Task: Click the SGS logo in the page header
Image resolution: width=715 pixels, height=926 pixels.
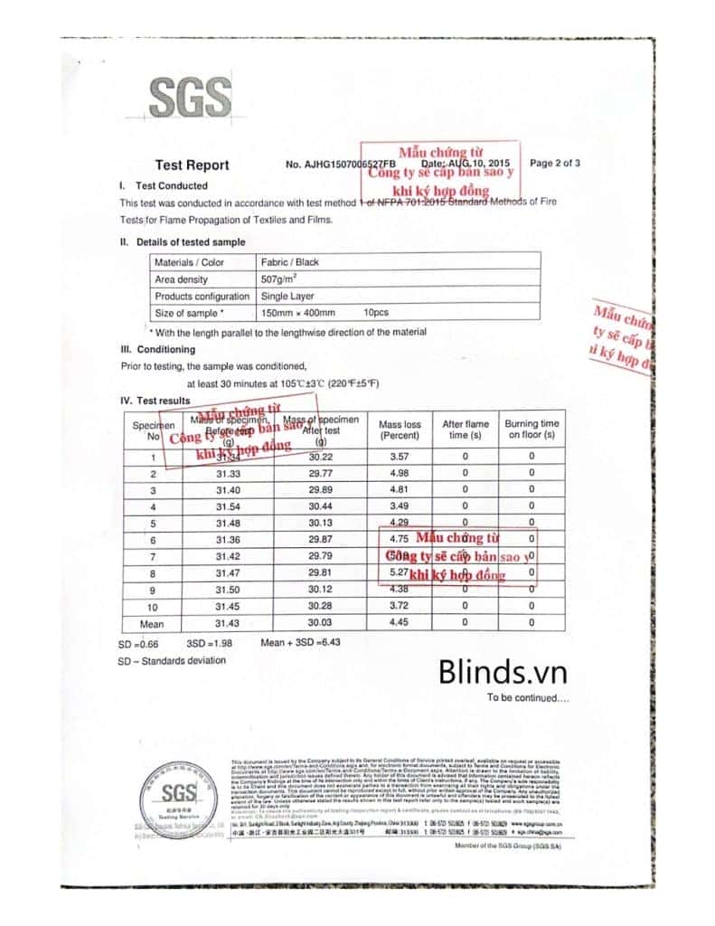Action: click(x=189, y=99)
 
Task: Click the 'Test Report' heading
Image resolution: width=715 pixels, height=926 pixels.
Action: click(x=192, y=165)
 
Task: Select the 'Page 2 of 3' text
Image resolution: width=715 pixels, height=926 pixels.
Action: click(x=555, y=164)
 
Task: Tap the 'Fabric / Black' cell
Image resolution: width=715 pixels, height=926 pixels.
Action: click(x=289, y=262)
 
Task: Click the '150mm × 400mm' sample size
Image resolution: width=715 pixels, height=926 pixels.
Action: click(x=297, y=313)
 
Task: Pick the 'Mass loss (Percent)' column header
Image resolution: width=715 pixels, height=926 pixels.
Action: click(x=400, y=430)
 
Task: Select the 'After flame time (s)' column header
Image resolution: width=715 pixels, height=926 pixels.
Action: click(x=465, y=430)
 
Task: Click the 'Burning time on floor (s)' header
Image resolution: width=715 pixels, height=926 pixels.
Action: click(x=532, y=430)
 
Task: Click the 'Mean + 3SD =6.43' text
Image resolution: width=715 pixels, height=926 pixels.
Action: click(x=300, y=642)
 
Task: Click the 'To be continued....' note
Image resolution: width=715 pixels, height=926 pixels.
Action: click(x=528, y=697)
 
